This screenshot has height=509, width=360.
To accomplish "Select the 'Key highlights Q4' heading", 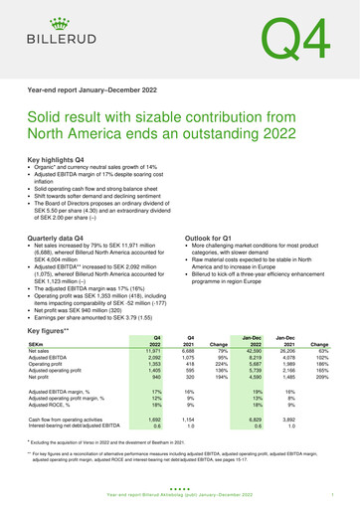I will point(61,159).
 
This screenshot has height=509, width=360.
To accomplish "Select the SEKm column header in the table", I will point(37,345).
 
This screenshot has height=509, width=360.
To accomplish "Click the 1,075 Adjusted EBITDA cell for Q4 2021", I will point(186,360).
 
